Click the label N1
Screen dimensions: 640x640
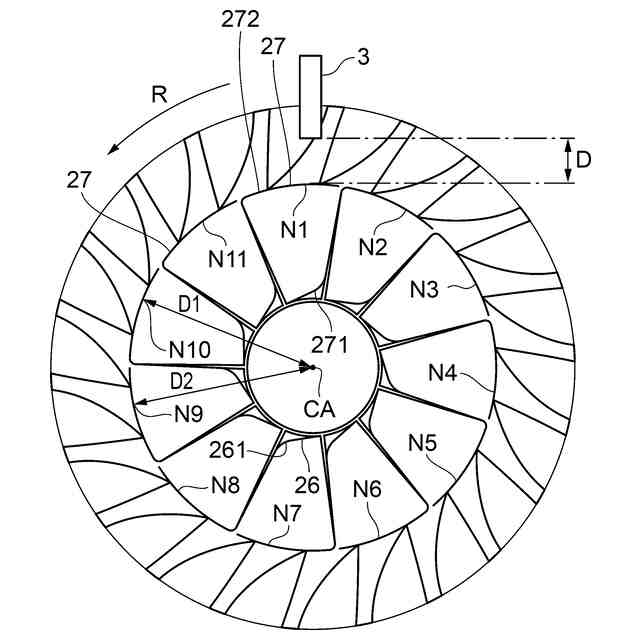(x=293, y=229)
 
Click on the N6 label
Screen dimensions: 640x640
(x=368, y=489)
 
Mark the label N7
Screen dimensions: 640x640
(x=287, y=513)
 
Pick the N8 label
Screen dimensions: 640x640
(x=224, y=486)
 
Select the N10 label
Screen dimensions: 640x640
(x=189, y=349)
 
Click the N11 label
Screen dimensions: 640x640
(x=228, y=258)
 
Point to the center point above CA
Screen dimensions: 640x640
(x=312, y=367)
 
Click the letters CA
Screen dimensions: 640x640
(x=319, y=408)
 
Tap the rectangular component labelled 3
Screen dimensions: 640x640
(x=309, y=96)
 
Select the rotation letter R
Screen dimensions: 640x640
(x=160, y=95)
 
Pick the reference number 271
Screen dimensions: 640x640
(x=329, y=345)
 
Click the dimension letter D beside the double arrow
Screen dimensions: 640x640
(x=597, y=160)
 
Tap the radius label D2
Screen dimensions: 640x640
(x=182, y=380)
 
